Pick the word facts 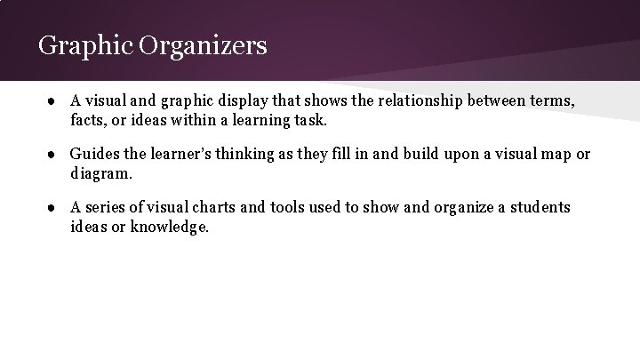point(90,120)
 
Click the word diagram point(100,173)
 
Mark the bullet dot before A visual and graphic point(53,102)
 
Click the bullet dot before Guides point(53,156)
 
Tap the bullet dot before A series point(53,209)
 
